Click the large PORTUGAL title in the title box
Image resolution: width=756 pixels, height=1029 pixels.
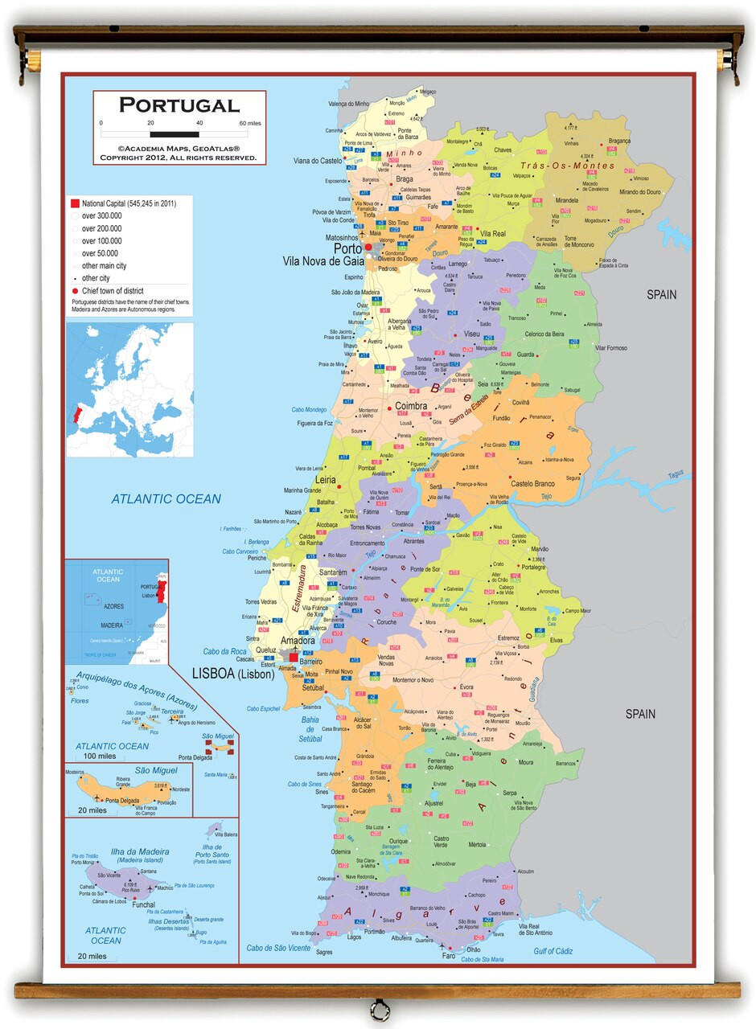coord(179,105)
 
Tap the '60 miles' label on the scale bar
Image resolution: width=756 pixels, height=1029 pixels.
coord(249,123)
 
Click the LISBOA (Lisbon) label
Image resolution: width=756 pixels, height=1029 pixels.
coord(232,674)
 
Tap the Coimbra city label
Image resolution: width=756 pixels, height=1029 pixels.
coord(411,407)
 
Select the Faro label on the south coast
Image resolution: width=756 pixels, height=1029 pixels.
coord(449,956)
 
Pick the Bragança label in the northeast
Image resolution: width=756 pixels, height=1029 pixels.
coord(619,141)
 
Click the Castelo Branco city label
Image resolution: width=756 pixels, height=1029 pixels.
coord(533,483)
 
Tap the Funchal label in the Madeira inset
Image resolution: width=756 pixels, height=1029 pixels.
coord(143,904)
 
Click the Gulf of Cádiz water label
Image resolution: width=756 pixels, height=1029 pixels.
coord(553,951)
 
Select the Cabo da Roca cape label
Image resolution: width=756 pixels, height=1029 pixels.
coord(224,651)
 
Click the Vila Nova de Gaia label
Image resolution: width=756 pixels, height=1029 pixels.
coord(323,261)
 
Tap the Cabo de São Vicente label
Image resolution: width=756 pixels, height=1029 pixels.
coord(278,948)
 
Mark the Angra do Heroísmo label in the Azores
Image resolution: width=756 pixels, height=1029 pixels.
coord(194,723)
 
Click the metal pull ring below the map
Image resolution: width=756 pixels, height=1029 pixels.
coord(379,1010)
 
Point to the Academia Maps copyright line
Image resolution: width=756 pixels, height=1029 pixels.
coord(179,149)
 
